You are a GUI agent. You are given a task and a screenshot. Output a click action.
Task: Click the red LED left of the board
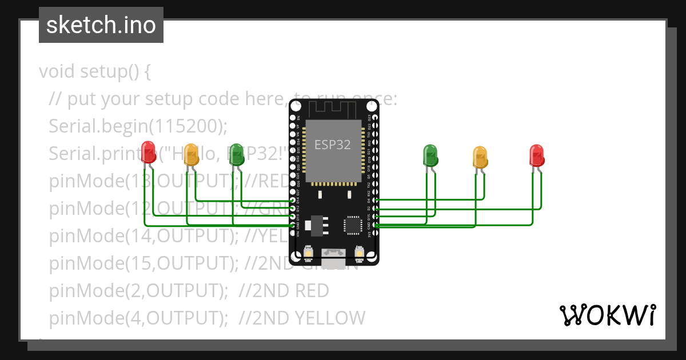(x=149, y=151)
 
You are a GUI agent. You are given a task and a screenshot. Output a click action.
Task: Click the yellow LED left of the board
(x=191, y=154)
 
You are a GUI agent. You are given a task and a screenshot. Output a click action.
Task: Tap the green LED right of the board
(x=430, y=154)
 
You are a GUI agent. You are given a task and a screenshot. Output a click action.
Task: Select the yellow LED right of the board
(x=480, y=157)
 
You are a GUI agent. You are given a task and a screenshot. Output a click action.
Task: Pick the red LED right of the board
(x=536, y=154)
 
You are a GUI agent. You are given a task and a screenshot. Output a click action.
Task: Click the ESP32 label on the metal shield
(x=333, y=145)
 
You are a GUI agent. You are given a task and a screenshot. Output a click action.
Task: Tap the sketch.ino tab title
(x=101, y=25)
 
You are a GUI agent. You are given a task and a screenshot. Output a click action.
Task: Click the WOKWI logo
(x=607, y=315)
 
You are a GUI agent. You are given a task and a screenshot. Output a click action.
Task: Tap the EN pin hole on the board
(x=293, y=117)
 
